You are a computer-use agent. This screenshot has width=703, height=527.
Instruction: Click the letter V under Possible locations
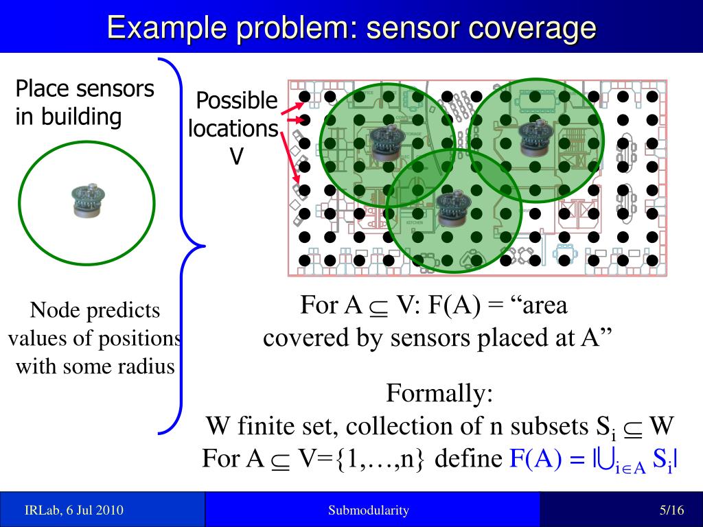pyautogui.click(x=236, y=157)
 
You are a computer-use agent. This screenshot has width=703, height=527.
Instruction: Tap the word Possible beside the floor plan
pyautogui.click(x=237, y=102)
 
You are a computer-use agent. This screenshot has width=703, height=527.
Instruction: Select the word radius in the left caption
pyautogui.click(x=150, y=366)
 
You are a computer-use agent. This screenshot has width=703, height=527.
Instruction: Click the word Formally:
pyautogui.click(x=439, y=394)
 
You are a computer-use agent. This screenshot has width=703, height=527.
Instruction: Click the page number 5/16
pyautogui.click(x=671, y=510)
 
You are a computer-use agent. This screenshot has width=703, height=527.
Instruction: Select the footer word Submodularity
pyautogui.click(x=368, y=510)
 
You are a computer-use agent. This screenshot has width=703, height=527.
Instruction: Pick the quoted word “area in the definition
pyautogui.click(x=540, y=305)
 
